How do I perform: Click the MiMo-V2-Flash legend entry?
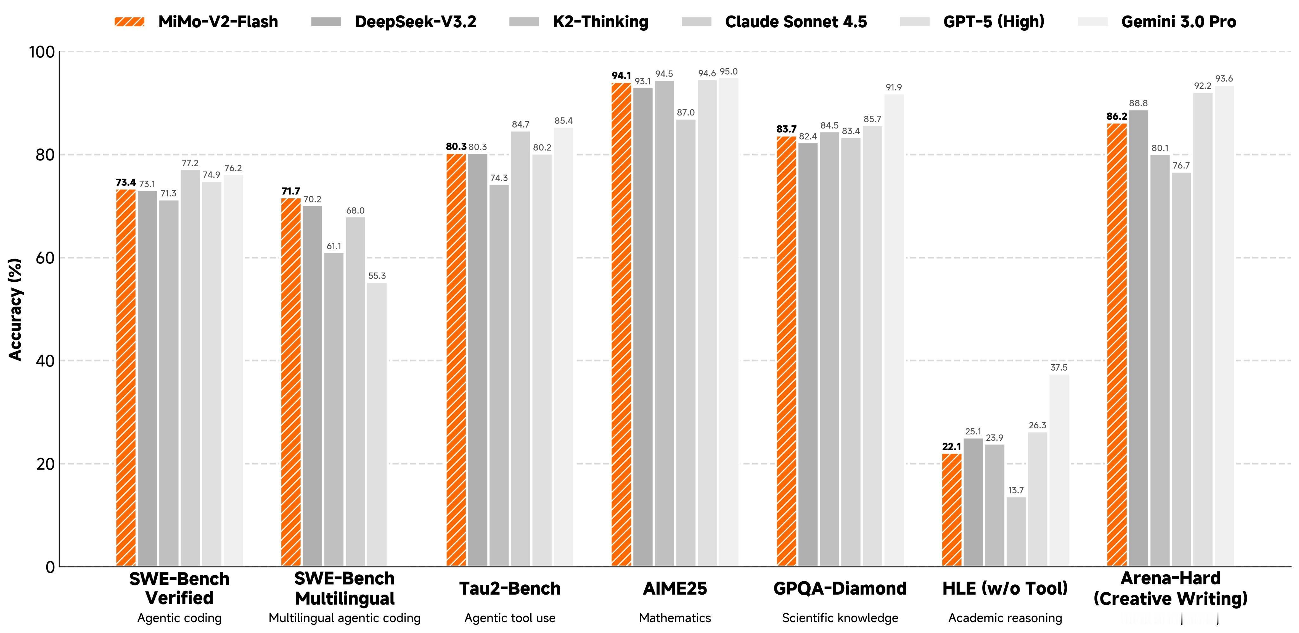(x=197, y=22)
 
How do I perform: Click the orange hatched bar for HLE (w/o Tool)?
(x=951, y=510)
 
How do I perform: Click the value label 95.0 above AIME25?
(x=728, y=72)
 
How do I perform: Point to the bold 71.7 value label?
(x=291, y=191)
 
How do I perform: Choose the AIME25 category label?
(x=675, y=589)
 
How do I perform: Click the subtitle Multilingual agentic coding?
(x=344, y=618)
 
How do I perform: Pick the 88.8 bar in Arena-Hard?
(x=1139, y=338)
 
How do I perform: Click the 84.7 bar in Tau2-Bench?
(x=520, y=348)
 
